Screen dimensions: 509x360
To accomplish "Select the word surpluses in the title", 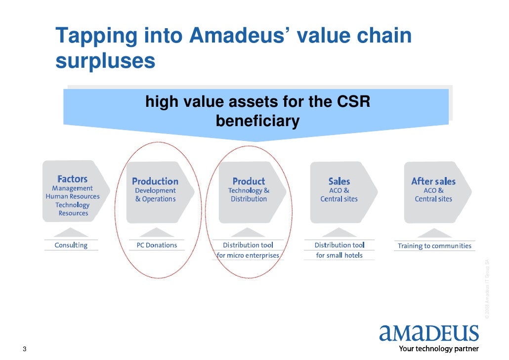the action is pyautogui.click(x=105, y=61).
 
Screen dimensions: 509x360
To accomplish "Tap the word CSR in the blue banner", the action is pyautogui.click(x=353, y=102).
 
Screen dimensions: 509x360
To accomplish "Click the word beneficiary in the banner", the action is pyautogui.click(x=257, y=121).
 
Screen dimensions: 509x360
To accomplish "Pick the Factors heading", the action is pyautogui.click(x=73, y=179).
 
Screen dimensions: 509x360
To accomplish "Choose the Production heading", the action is pyautogui.click(x=155, y=181).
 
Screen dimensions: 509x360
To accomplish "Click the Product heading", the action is pyautogui.click(x=249, y=181).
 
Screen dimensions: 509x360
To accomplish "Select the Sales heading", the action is pyautogui.click(x=339, y=181).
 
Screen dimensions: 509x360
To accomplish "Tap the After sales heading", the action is pyautogui.click(x=433, y=181).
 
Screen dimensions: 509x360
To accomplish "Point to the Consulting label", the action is pyautogui.click(x=71, y=245).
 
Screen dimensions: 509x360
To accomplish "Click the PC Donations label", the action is pyautogui.click(x=157, y=245).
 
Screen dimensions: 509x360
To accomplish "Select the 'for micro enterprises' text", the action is pyautogui.click(x=249, y=256).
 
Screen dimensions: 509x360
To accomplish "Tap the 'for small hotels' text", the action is pyautogui.click(x=339, y=256).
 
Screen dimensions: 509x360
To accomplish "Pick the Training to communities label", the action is pyautogui.click(x=434, y=246).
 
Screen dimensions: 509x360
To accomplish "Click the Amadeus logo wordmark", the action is pyautogui.click(x=429, y=333).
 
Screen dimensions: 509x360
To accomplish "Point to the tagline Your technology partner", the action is pyautogui.click(x=439, y=349).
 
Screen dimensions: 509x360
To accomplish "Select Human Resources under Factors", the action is pyautogui.click(x=73, y=196).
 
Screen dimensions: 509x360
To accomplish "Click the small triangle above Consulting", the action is pyautogui.click(x=71, y=232).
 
